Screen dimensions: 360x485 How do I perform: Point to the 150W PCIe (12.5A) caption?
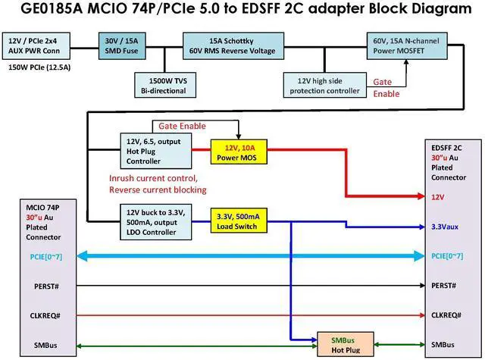click(x=39, y=67)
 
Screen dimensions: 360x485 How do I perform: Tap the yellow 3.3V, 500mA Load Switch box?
click(x=237, y=221)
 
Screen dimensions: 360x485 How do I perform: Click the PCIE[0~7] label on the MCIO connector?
click(x=47, y=256)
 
